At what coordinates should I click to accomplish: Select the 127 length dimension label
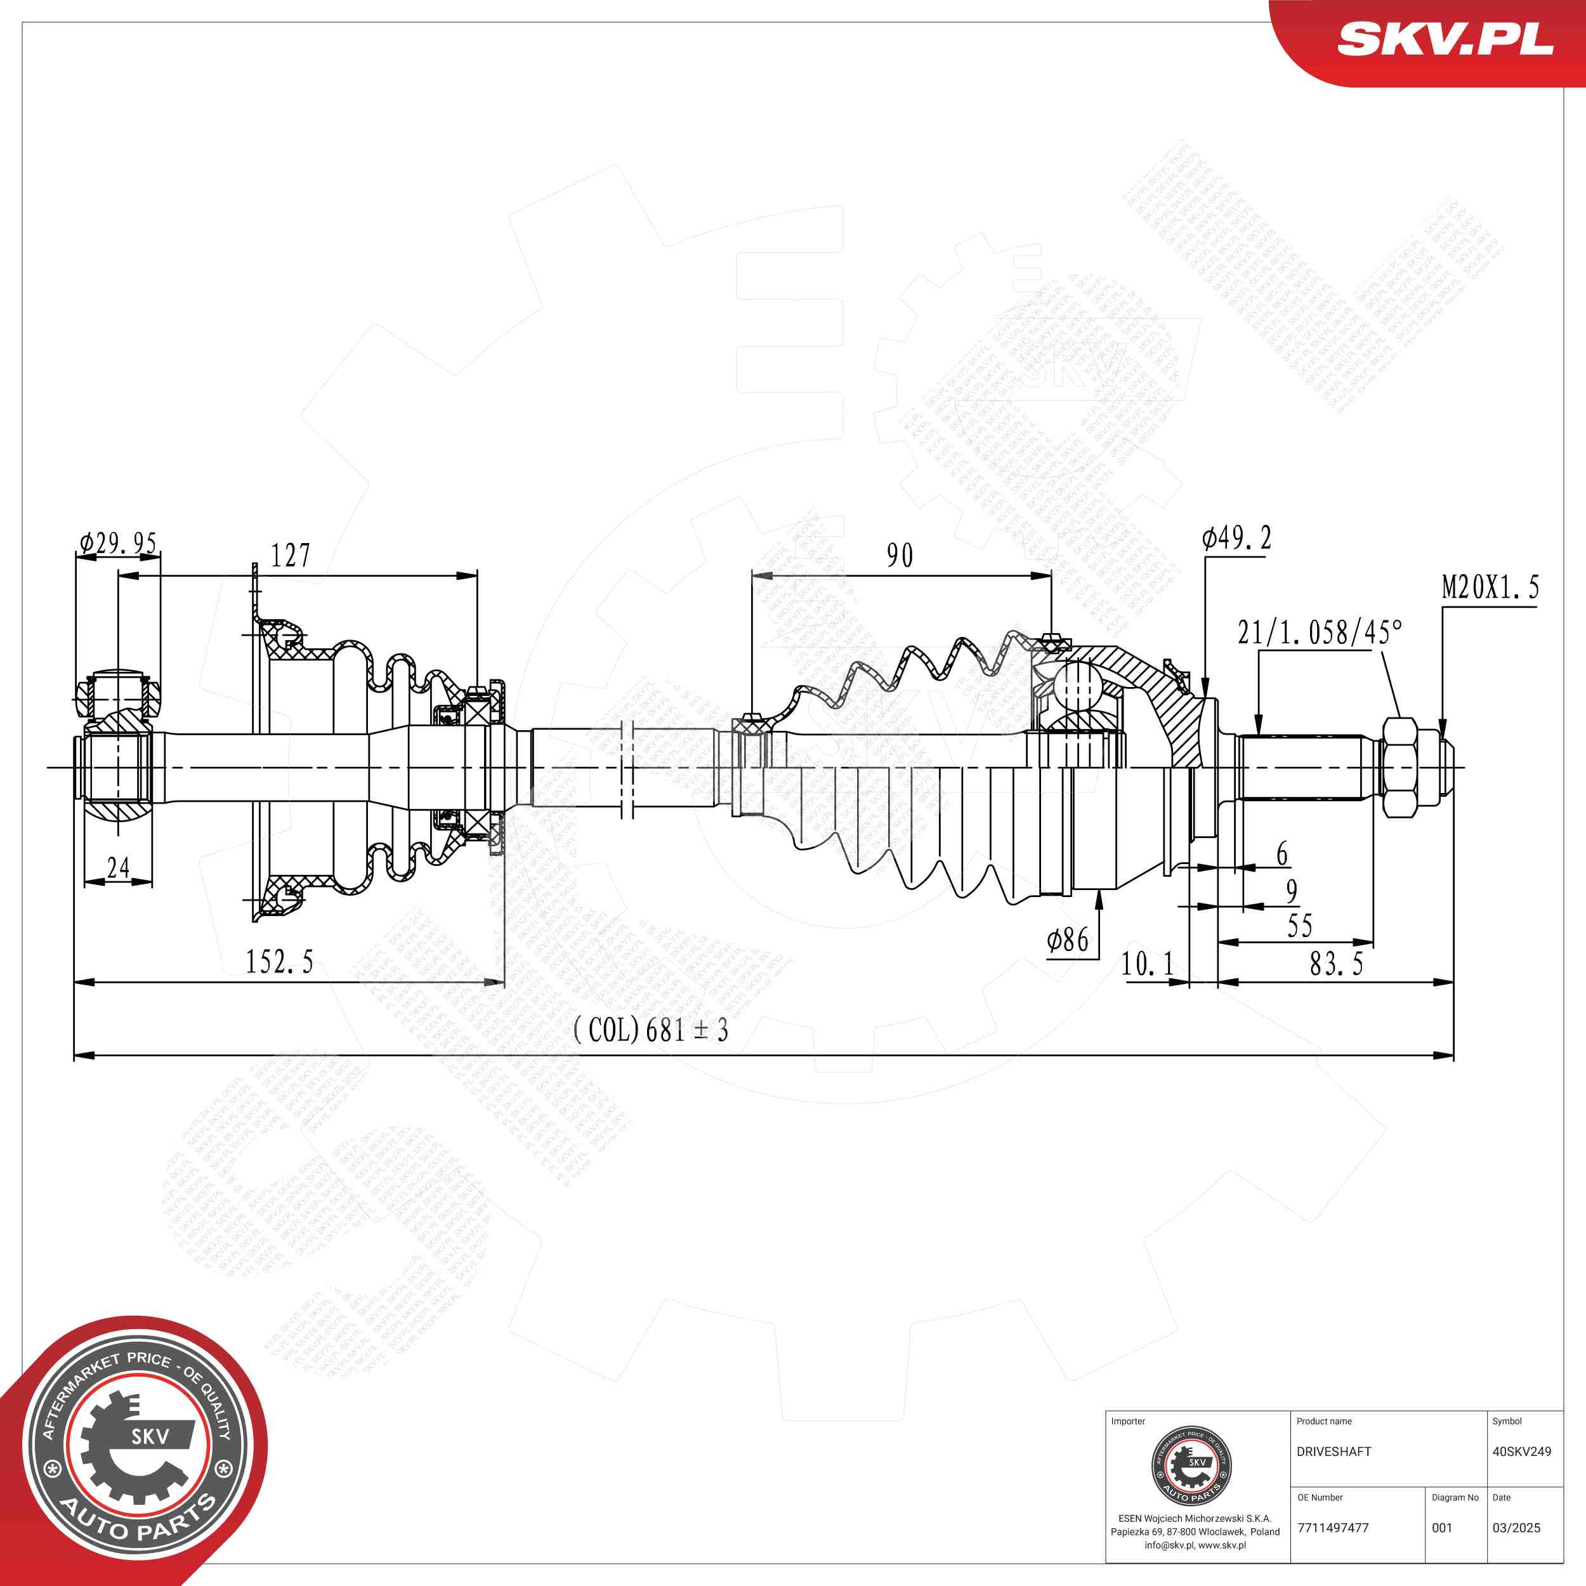[x=291, y=556]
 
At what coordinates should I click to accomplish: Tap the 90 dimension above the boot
[x=900, y=556]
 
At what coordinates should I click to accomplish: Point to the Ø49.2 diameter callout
[x=1236, y=539]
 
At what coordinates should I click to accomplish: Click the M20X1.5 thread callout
[x=1490, y=588]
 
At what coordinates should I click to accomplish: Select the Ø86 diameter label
[x=1067, y=941]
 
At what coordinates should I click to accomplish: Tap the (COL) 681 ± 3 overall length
[x=650, y=1030]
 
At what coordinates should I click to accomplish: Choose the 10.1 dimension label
[x=1147, y=964]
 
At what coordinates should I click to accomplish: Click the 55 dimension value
[x=1299, y=926]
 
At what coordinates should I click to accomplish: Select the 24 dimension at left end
[x=118, y=868]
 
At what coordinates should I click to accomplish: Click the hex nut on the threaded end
[x=1399, y=767]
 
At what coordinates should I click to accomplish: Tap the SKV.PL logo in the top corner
[x=1445, y=39]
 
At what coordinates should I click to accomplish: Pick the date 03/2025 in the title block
[x=1516, y=1527]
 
